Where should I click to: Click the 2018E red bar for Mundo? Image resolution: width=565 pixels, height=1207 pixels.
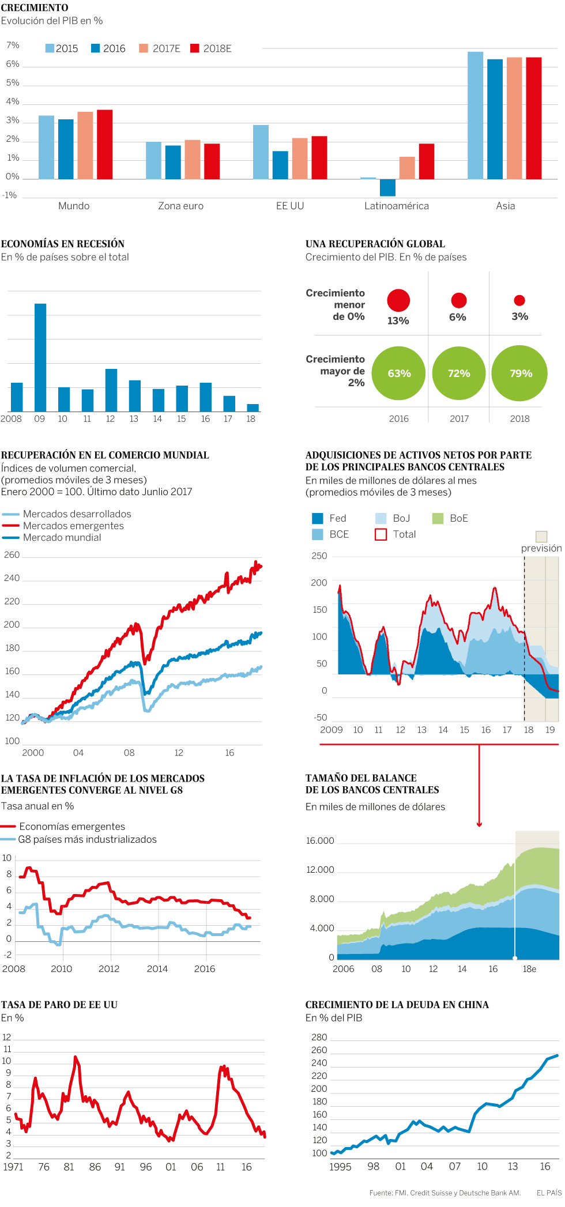click(104, 145)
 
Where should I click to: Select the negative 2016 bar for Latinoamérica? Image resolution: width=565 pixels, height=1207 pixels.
click(387, 187)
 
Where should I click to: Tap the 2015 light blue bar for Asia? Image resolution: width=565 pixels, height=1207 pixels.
click(475, 115)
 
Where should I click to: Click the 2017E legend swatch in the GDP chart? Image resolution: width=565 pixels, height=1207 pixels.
click(144, 48)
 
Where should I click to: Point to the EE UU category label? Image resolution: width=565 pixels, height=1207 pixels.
click(289, 206)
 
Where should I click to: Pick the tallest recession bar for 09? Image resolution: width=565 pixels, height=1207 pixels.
click(40, 357)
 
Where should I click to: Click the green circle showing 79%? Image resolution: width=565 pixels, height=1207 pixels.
click(519, 373)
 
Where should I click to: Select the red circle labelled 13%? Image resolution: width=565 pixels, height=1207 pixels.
click(398, 300)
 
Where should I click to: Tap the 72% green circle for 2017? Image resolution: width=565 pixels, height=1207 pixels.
click(459, 373)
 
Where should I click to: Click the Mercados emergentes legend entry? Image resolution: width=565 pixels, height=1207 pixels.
click(73, 526)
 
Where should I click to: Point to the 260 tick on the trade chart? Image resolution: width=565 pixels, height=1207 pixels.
click(12, 555)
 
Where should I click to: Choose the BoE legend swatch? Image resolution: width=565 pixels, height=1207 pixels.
click(438, 518)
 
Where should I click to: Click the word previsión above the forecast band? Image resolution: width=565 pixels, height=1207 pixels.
click(541, 548)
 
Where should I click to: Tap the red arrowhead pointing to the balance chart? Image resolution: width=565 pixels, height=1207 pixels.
click(479, 824)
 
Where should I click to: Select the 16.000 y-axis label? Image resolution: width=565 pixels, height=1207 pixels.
click(320, 840)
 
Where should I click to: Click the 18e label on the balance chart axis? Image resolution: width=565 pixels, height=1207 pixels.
click(529, 969)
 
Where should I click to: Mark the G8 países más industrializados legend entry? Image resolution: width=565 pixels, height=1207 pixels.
click(86, 839)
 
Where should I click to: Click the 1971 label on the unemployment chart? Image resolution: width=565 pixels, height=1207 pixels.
click(13, 1167)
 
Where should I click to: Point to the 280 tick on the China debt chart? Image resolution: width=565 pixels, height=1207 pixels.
click(319, 1037)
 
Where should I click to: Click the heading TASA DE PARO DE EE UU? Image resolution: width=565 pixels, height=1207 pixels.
click(59, 1005)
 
